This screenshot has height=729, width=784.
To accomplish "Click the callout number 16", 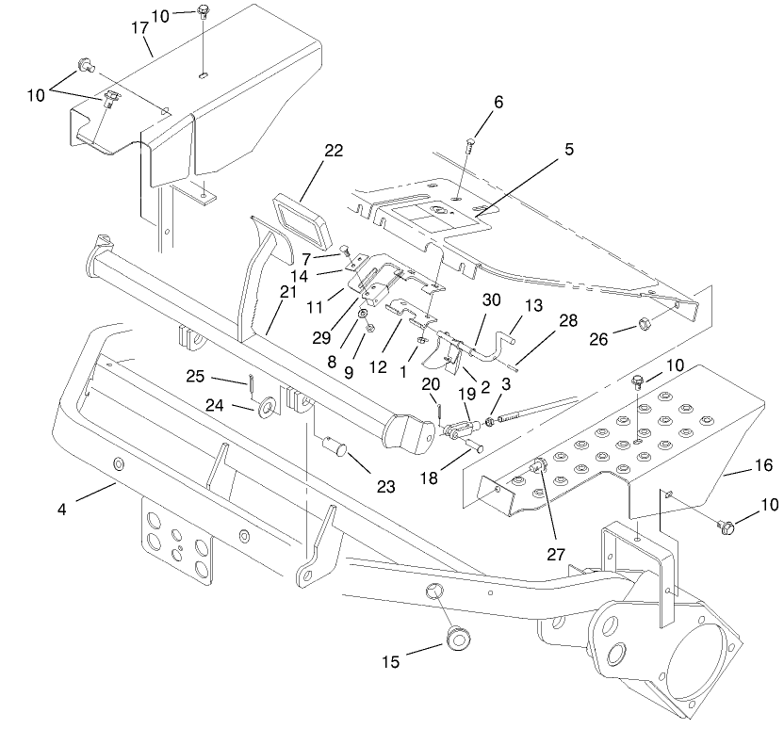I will pos(763,464).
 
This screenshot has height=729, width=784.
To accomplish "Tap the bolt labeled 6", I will pos(470,146).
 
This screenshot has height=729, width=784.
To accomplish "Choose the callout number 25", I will pos(195,377).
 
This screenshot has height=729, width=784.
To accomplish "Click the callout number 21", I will pos(287,292).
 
